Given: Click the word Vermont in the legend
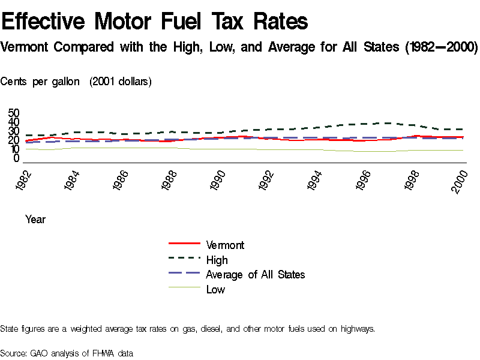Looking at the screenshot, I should point(225,245).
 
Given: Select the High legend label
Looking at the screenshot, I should point(217,260).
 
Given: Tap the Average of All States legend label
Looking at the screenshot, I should point(255,274).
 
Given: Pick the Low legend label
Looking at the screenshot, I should point(215,289).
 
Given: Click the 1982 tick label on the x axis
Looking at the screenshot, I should point(26,181).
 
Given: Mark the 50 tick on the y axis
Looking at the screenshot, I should point(14,113).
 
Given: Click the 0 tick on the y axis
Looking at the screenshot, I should point(17,158).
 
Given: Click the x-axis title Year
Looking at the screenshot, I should point(35,220).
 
